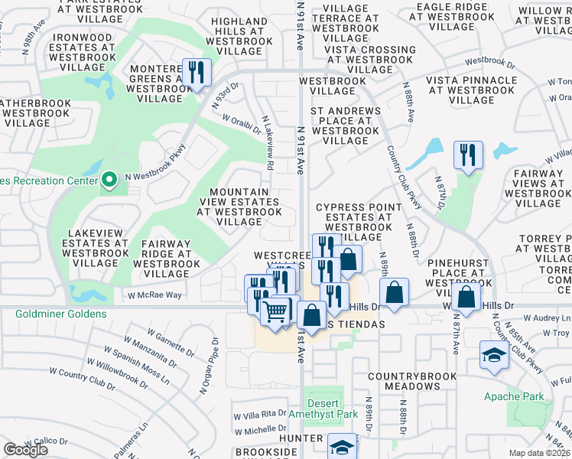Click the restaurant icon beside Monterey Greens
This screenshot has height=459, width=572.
pyautogui.click(x=197, y=73)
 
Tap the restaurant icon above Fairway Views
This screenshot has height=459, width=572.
pyautogui.click(x=466, y=155)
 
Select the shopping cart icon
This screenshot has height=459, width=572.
pyautogui.click(x=275, y=311)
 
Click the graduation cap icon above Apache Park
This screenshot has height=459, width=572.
pyautogui.click(x=494, y=354)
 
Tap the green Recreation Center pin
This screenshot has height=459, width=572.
pyautogui.click(x=109, y=180)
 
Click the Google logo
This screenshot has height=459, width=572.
pyautogui.click(x=25, y=450)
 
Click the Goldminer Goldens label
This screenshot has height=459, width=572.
pyautogui.click(x=53, y=314)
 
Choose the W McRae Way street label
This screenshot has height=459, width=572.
pyautogui.click(x=154, y=295)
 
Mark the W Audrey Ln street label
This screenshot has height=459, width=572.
pyautogui.click(x=545, y=318)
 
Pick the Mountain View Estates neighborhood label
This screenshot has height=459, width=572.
pyautogui.click(x=239, y=207)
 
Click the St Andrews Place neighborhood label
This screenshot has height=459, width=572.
pyautogui.click(x=346, y=125)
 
